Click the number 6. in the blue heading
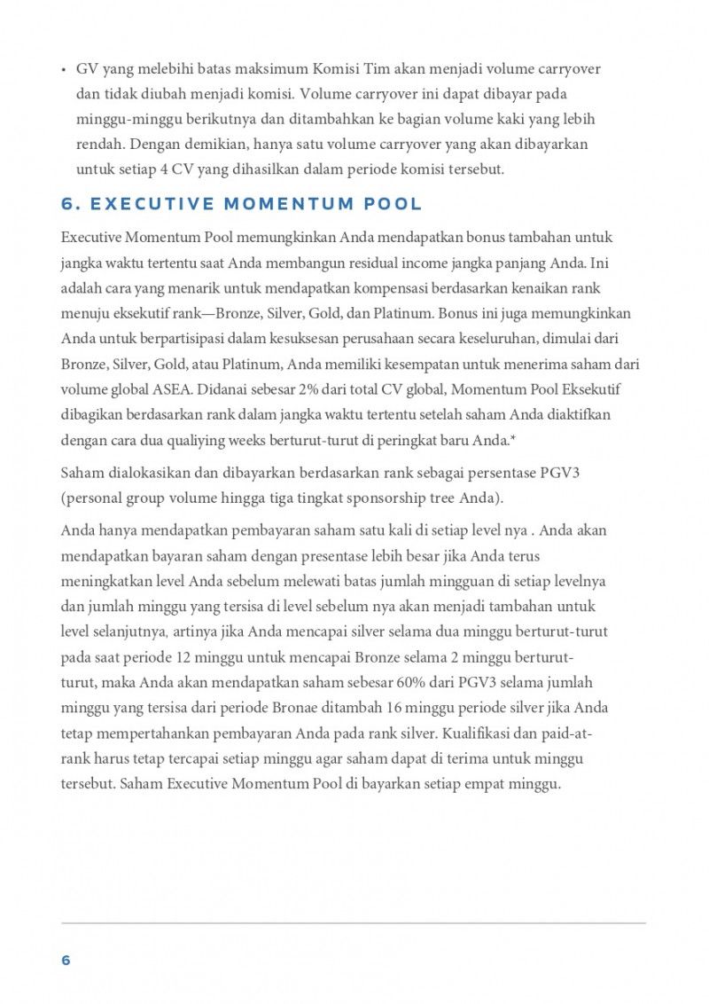point(71,204)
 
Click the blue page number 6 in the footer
point(66,961)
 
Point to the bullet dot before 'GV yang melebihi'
point(64,69)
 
